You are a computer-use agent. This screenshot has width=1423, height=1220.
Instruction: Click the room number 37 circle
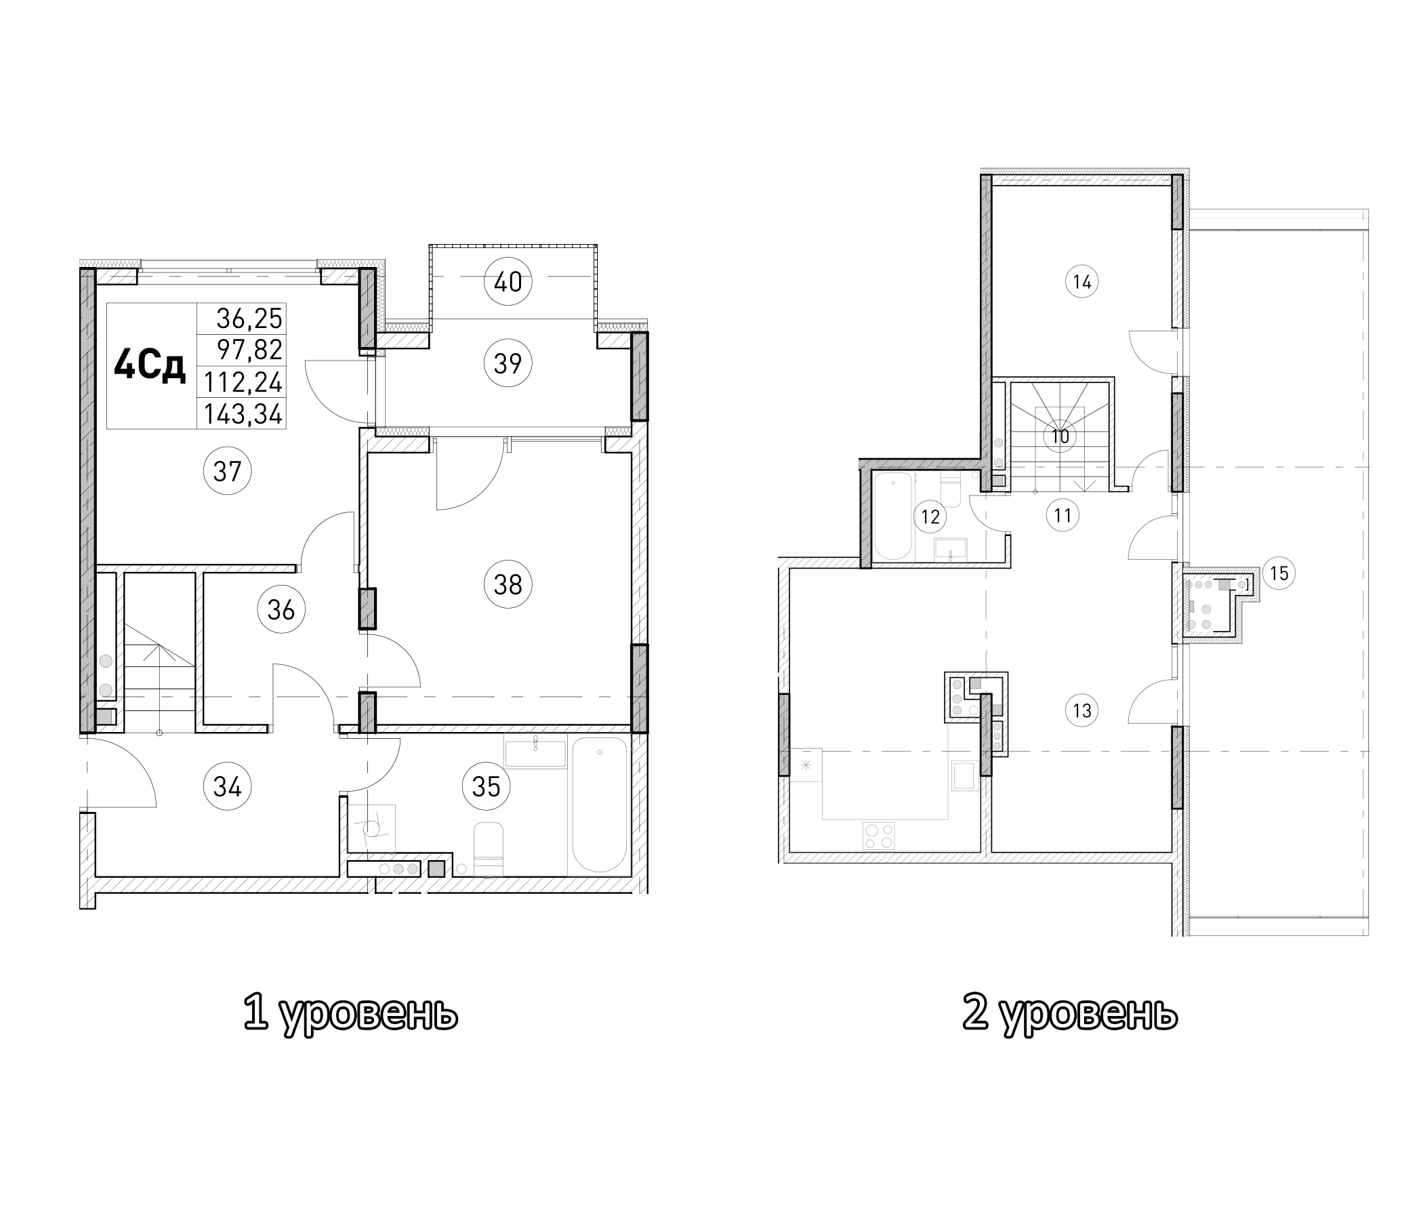tap(227, 472)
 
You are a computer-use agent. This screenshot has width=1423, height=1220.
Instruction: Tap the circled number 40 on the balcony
tap(508, 282)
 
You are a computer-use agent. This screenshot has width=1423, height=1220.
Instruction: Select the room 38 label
tap(508, 584)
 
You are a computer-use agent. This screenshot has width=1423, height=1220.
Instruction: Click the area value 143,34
tap(243, 415)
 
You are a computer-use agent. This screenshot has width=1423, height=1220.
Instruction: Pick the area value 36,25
tap(249, 318)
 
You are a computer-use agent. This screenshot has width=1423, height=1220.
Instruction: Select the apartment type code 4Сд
tap(150, 365)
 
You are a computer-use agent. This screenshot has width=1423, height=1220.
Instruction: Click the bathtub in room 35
tap(600, 805)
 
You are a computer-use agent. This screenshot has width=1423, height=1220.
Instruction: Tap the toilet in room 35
tap(489, 849)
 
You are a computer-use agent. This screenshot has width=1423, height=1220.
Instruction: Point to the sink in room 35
tap(535, 754)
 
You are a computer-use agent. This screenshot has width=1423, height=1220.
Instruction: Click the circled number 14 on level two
tap(1081, 282)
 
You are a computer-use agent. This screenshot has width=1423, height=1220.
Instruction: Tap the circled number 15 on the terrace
tap(1279, 573)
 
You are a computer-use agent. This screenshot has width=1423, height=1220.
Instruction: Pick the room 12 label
tap(930, 516)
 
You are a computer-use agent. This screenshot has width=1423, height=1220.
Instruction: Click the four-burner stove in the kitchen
tap(879, 836)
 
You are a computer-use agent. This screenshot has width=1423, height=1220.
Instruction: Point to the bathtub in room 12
tap(892, 515)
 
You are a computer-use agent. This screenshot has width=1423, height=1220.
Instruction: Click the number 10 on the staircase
tap(1060, 437)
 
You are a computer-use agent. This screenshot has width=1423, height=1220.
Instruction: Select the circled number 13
tap(1081, 710)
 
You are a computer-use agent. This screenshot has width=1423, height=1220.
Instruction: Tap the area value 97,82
tap(249, 350)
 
